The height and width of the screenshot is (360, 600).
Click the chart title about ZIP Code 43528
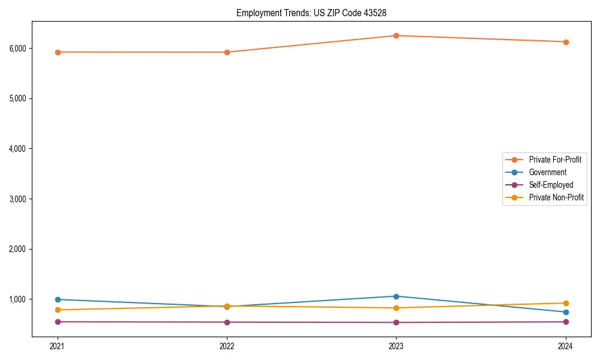[316, 13]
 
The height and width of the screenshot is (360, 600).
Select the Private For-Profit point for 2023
[396, 35]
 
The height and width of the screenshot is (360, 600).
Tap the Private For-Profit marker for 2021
[58, 52]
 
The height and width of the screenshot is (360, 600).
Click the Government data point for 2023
[396, 296]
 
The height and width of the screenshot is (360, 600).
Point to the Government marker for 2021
[58, 299]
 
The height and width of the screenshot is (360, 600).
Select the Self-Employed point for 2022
[227, 322]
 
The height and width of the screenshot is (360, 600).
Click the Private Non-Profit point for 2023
[396, 308]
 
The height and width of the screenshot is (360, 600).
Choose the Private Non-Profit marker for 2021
[58, 310]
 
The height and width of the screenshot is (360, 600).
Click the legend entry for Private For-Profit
[555, 160]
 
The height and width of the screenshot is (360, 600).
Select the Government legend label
[547, 172]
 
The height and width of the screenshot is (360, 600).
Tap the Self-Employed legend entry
[551, 185]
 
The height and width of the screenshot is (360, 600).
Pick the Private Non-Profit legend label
[556, 197]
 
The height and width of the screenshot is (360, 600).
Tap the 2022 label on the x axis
[227, 346]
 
